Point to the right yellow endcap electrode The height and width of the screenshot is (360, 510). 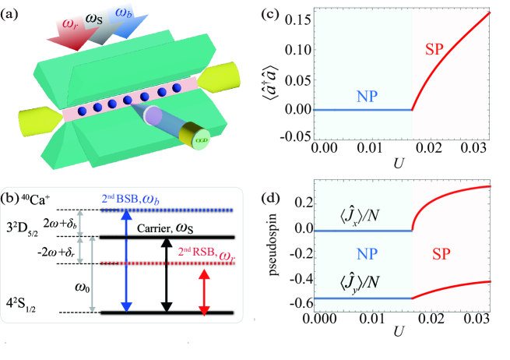pos(214,76)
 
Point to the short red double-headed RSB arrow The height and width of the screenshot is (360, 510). pos(204,292)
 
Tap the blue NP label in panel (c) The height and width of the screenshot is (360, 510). pos(368,96)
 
